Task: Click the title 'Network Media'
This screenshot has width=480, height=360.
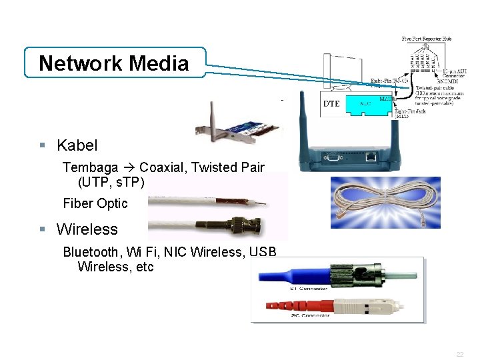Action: [114, 63]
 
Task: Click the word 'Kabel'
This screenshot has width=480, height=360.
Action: [77, 145]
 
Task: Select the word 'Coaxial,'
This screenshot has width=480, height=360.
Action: [163, 167]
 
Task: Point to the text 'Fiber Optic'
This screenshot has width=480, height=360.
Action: [95, 203]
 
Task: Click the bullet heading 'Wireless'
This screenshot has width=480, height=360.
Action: [87, 229]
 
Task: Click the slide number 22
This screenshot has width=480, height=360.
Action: [460, 355]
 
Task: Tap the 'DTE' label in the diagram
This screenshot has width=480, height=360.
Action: [332, 104]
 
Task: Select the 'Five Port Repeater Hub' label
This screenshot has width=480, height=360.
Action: [427, 39]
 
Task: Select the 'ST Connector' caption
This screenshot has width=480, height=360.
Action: [308, 289]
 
